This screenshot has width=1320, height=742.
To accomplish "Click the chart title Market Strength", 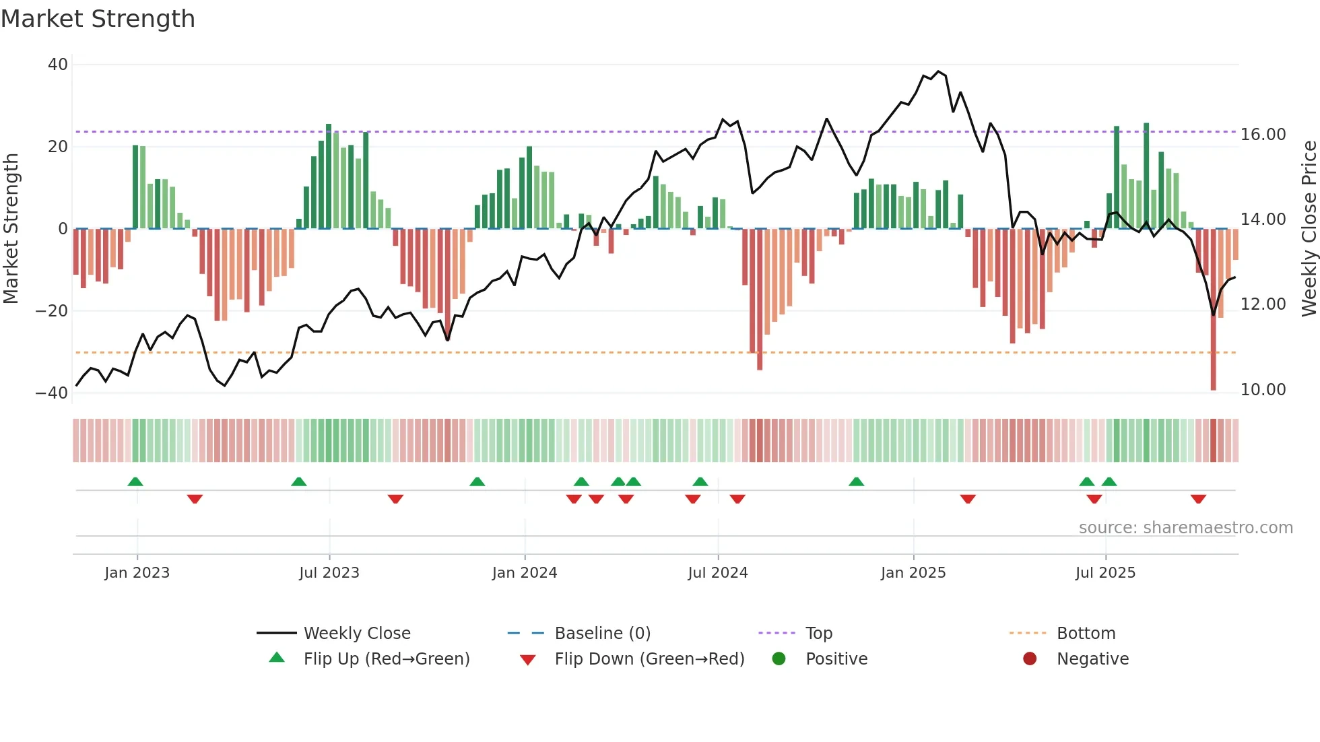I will point(98,18).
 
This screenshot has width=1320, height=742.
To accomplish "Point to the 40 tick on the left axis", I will point(58,65).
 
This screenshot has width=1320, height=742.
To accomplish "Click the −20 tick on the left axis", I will point(52,311).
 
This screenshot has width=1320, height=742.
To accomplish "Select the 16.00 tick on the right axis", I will point(1263,135).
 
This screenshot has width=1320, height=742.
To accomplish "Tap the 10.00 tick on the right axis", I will point(1263,390).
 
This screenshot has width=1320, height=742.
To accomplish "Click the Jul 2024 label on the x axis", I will point(718,573).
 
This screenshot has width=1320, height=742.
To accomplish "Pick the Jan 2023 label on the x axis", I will point(137,573).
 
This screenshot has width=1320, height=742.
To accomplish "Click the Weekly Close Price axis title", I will point(1309,229).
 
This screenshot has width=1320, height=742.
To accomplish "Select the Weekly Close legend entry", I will point(357,634).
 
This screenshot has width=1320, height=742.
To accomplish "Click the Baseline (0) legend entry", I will point(602,634).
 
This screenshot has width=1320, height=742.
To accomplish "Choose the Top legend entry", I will point(819,634).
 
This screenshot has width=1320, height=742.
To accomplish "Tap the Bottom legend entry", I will point(1086,634).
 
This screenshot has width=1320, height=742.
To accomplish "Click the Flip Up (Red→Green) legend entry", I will point(387,659).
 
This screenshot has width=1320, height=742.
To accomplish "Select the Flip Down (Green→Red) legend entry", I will point(649,659).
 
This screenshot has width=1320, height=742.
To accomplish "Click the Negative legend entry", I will point(1092,659).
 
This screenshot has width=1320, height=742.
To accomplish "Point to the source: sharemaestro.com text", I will point(1185,528).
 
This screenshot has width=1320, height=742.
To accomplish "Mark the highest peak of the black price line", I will point(938,71).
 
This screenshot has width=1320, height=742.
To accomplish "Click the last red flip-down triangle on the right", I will point(1198,499).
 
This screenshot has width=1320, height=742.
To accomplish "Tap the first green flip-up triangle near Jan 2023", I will point(135,481).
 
